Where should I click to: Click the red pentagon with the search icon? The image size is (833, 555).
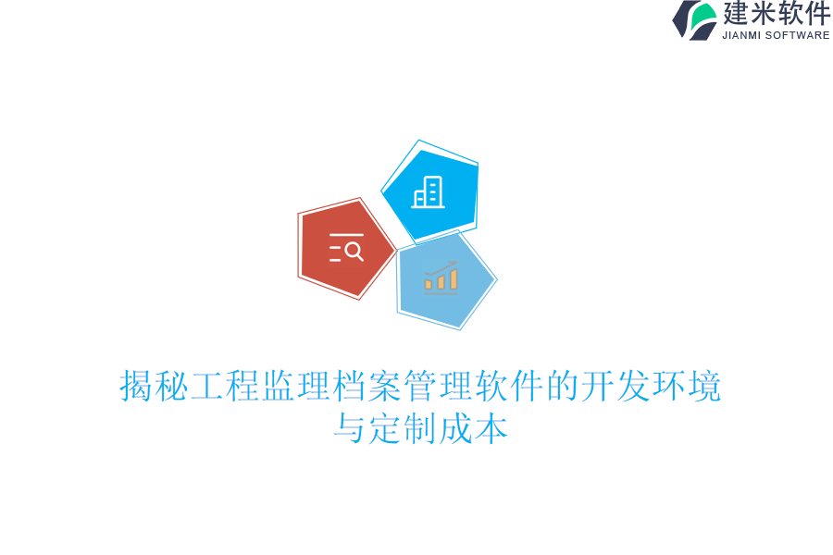click(x=344, y=249)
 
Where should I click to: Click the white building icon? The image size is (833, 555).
click(x=429, y=192)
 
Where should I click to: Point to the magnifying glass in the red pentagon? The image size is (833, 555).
click(x=354, y=251)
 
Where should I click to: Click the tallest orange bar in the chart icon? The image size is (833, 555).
click(x=454, y=279)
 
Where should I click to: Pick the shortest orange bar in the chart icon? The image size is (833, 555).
click(x=429, y=285)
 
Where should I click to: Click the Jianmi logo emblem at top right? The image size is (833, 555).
click(x=695, y=20)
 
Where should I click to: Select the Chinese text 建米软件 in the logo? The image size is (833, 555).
click(x=777, y=14)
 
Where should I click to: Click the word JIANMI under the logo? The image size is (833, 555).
click(x=741, y=35)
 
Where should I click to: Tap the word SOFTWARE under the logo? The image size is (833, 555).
click(x=797, y=35)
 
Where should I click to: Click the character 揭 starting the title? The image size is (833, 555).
click(x=137, y=387)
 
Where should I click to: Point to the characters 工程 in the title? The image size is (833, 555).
click(x=226, y=387)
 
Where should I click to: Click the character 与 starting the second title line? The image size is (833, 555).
click(x=351, y=430)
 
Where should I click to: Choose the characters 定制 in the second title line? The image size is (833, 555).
click(x=404, y=430)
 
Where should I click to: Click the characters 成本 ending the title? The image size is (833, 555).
click(x=474, y=430)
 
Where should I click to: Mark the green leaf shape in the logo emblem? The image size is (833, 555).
click(x=703, y=16)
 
